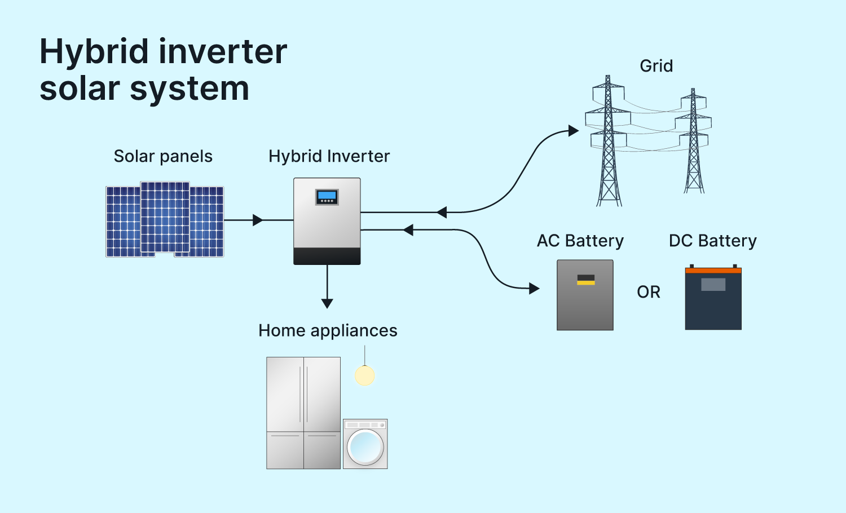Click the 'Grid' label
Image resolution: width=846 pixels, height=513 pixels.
pos(656,66)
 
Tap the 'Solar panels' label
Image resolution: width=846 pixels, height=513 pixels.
pos(163,156)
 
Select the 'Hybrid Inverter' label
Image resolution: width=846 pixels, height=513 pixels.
pos(329,156)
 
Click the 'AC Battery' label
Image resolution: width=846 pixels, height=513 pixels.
pos(580,241)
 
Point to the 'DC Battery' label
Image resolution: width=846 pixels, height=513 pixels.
pos(712,241)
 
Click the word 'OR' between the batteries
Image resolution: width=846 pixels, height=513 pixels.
pos(649,292)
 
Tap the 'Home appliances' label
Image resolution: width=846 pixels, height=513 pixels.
pos(328,330)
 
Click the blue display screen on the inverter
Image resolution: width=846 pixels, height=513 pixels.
pos(327,196)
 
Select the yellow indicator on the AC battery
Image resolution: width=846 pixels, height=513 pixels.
pos(585,280)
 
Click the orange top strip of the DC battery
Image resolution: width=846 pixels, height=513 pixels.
pos(713,271)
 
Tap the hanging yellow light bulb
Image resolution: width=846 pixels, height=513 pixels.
pos(365,375)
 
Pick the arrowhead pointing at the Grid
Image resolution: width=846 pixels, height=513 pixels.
pos(574,131)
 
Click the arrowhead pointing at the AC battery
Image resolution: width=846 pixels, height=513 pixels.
pos(534,289)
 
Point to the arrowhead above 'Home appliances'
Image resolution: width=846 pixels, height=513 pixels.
pos(327,303)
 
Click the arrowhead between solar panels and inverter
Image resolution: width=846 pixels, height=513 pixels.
pos(258,220)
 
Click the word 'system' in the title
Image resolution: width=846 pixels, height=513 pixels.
pos(190,89)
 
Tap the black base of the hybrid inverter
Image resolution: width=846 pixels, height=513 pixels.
pos(327,256)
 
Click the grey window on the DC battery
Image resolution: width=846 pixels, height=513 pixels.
pos(713,284)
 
